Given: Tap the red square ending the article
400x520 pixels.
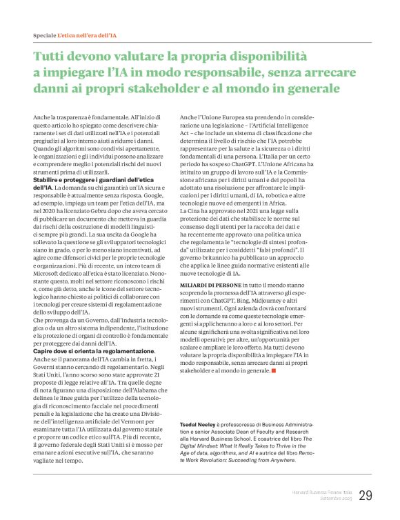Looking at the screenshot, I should tap(274, 370).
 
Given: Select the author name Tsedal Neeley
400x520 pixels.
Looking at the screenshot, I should tap(197, 406).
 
